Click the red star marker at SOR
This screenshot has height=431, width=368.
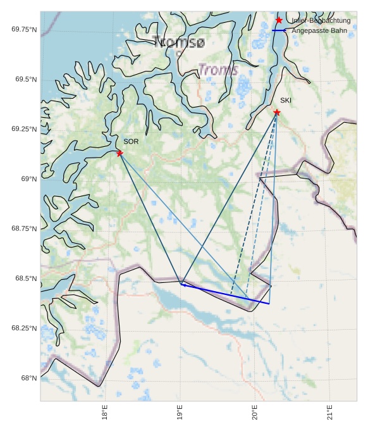pos(120,153)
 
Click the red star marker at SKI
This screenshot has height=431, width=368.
pos(277,113)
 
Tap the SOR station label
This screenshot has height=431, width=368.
pos(131,142)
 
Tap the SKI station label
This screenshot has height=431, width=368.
pos(286,101)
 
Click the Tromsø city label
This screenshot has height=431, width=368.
pos(180,42)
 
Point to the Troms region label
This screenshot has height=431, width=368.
pos(218,70)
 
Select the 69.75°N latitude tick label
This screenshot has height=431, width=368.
pos(24,30)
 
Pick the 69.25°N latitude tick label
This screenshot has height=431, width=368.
pos(24,129)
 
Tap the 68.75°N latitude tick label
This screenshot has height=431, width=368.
pos(24,228)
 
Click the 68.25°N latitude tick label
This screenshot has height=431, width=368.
pos(24,328)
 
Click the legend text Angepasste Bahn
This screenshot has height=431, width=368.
pos(319,30)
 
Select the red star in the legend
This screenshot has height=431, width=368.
pos(279,20)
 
